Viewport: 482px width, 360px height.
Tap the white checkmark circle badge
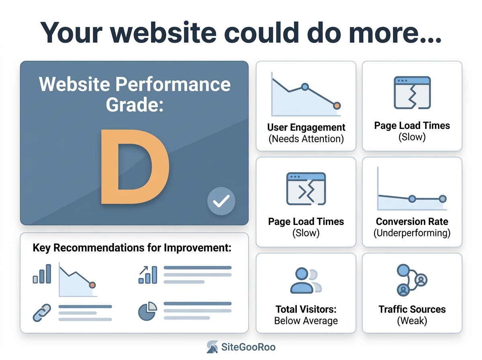221,201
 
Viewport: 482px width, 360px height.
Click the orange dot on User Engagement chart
337,106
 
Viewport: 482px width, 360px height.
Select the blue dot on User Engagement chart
305,87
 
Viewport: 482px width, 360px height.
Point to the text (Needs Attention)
306,139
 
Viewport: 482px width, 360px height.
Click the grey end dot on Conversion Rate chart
443,199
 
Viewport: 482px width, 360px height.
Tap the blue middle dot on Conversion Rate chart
412,199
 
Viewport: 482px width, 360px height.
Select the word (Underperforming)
412,233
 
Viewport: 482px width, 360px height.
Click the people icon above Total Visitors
306,280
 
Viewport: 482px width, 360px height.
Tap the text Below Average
306,321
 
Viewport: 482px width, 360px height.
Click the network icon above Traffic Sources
412,280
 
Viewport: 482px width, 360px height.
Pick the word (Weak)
412,321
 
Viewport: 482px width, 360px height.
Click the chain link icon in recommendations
42,313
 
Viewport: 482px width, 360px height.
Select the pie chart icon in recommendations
147,311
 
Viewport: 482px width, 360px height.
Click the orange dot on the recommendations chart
92,285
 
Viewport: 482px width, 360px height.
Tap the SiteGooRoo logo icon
212,347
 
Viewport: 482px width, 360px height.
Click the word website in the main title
163,33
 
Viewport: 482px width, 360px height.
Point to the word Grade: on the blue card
135,104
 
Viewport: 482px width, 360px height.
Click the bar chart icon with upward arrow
148,275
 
